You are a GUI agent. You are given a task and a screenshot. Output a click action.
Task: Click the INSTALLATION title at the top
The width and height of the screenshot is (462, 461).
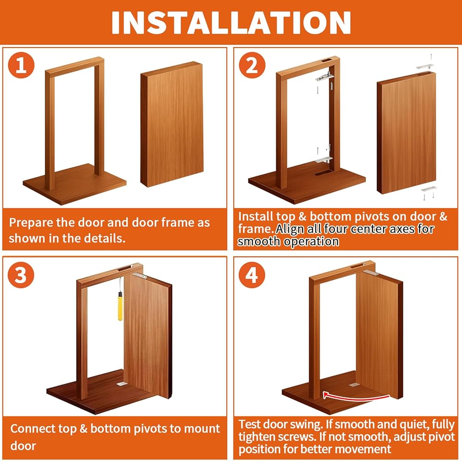pyautogui.click(x=231, y=23)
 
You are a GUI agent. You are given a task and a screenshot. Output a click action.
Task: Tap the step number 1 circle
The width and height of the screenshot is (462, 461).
pyautogui.click(x=21, y=65)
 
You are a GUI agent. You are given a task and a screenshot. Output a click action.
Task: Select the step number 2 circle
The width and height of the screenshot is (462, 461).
pyautogui.click(x=252, y=65)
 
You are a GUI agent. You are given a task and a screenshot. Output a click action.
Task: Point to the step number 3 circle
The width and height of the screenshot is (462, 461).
pyautogui.click(x=21, y=275)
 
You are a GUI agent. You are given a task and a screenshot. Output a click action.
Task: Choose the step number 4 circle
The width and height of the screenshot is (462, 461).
pyautogui.click(x=252, y=275)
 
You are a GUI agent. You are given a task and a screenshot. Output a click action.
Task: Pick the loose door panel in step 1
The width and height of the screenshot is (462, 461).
pyautogui.click(x=172, y=124)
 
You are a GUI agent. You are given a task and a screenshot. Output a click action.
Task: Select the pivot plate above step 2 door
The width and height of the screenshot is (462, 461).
pyautogui.click(x=425, y=66)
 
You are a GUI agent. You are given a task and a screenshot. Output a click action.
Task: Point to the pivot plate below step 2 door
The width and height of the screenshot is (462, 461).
pyautogui.click(x=429, y=189)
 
